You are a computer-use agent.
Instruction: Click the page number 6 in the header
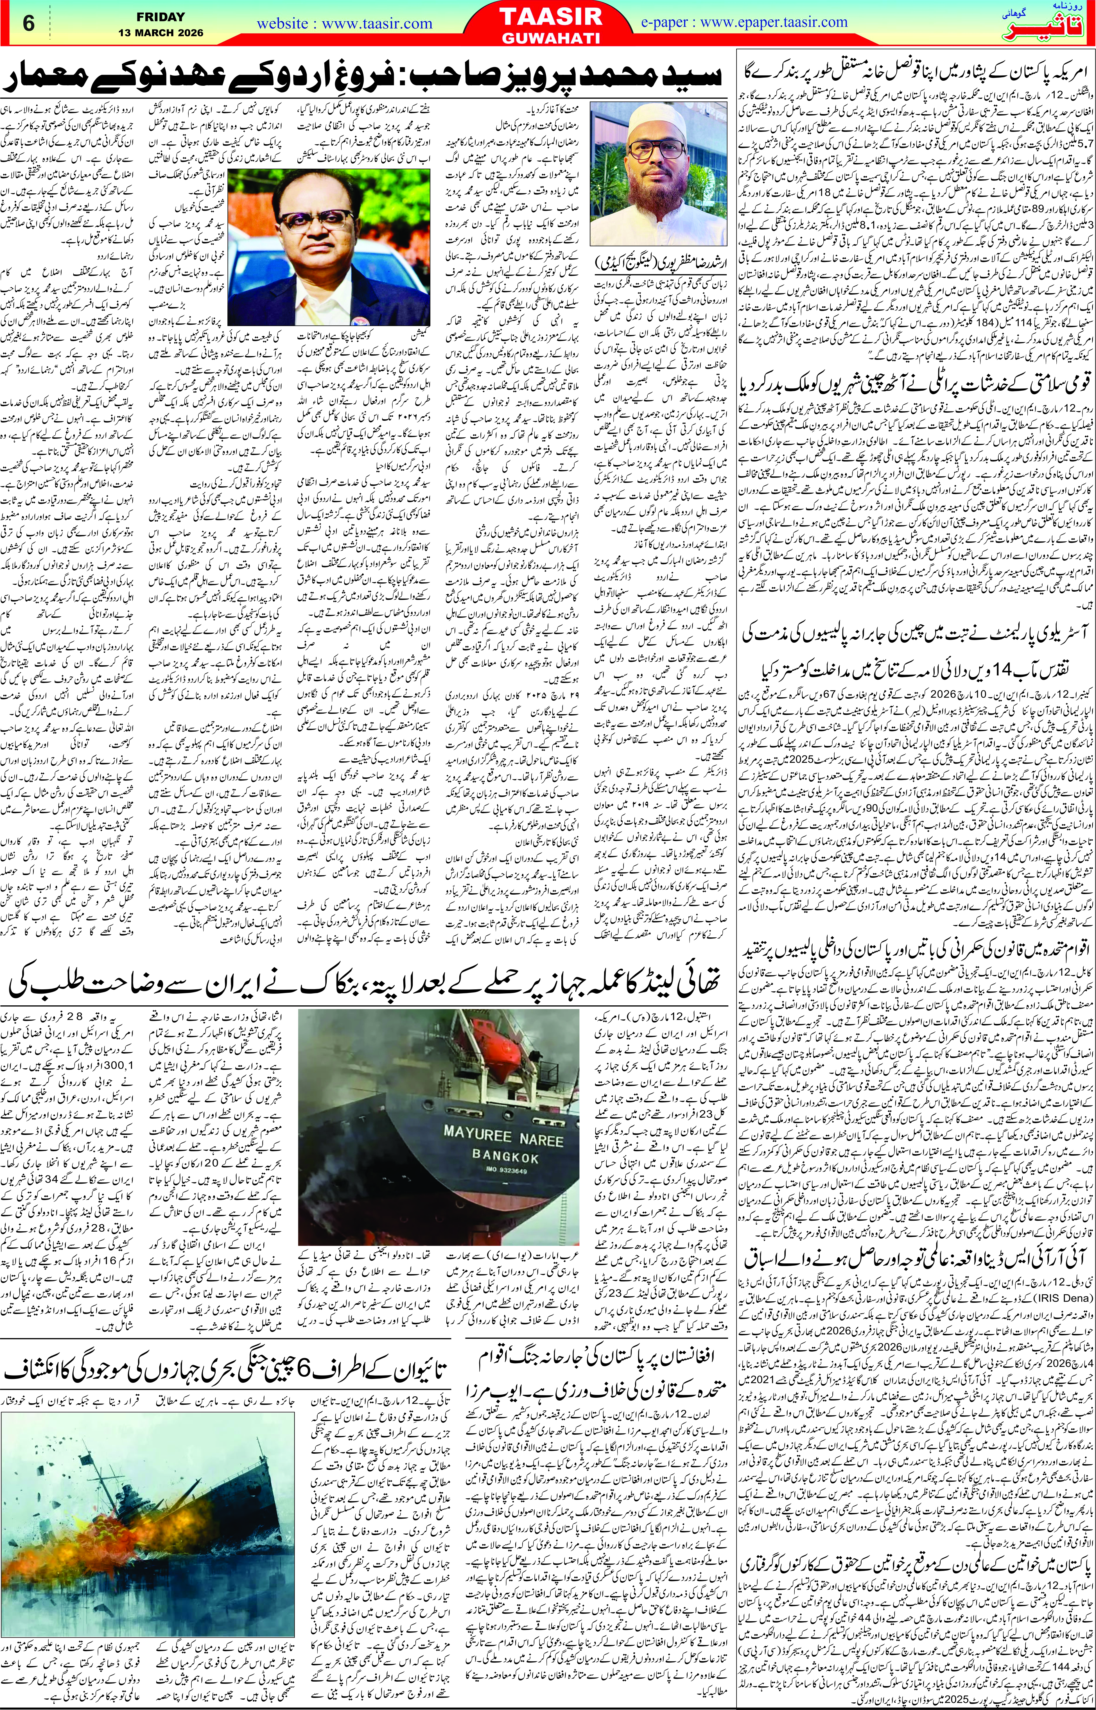28,24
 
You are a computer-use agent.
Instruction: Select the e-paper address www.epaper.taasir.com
744,22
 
